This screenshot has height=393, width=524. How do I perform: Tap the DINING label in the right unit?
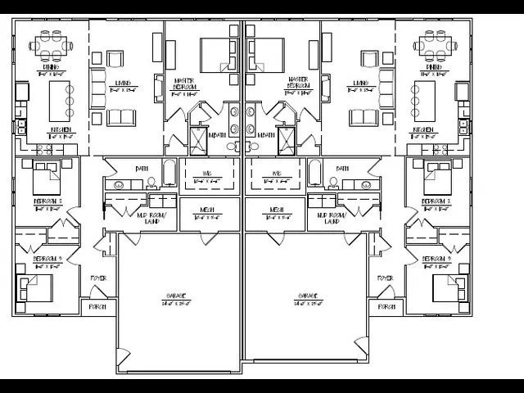(x=435, y=67)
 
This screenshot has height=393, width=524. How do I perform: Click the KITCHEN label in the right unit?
(x=422, y=129)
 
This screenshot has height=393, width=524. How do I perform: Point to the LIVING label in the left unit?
(x=123, y=83)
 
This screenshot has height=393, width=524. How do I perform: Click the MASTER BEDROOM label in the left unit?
(x=184, y=84)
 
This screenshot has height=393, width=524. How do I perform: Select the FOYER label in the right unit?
(x=385, y=278)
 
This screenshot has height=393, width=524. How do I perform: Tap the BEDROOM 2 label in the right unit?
(x=436, y=201)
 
